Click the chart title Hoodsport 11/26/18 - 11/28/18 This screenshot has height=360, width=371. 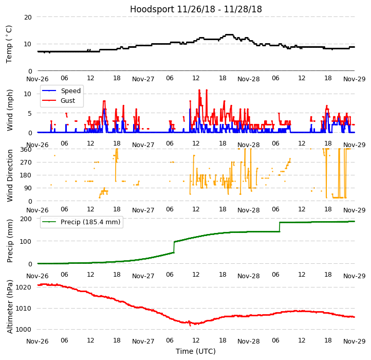coord(196,9)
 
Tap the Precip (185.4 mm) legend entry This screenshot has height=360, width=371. coord(90,222)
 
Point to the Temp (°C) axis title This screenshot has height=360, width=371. coord(9,44)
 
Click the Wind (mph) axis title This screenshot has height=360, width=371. coord(10,110)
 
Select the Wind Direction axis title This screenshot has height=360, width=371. coord(10,175)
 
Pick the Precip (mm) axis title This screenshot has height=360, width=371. coord(10,241)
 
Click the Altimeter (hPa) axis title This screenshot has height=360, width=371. coord(10,307)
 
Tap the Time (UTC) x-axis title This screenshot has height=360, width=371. coord(196,351)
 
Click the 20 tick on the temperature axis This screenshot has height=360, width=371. coord(28,17)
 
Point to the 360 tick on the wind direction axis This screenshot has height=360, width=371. coord(26,149)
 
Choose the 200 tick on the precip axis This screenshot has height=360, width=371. coord(26,219)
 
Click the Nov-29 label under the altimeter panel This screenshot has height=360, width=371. coord(355,341)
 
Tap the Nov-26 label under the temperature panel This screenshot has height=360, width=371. coord(38,79)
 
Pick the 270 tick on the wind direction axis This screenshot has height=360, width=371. coord(26,162)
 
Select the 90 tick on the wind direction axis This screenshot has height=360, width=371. coord(28,188)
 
